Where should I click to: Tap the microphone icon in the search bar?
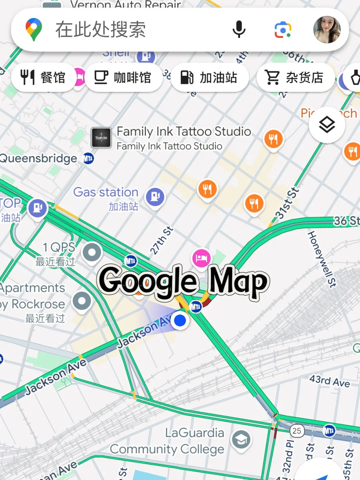[x=239, y=29]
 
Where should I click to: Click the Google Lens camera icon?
[x=283, y=30]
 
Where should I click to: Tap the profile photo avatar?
[x=327, y=30]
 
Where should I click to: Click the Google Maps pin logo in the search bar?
[x=34, y=30]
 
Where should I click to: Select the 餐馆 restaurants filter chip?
[x=43, y=78]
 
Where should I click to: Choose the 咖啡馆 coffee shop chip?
[x=123, y=78]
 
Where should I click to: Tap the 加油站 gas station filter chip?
[x=209, y=78]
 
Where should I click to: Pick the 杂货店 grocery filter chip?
[x=295, y=78]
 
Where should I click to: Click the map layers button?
[x=327, y=125]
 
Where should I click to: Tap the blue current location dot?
[x=180, y=320]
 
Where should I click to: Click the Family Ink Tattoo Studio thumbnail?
[x=101, y=137]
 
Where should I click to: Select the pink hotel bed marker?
[x=201, y=258]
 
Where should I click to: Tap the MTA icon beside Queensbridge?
[x=88, y=158]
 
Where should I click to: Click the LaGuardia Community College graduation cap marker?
[x=241, y=440]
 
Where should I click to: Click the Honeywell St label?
[x=321, y=259]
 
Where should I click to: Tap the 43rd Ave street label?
[x=329, y=381]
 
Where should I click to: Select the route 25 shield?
[x=296, y=431]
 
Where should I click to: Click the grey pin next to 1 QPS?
[x=92, y=252]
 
